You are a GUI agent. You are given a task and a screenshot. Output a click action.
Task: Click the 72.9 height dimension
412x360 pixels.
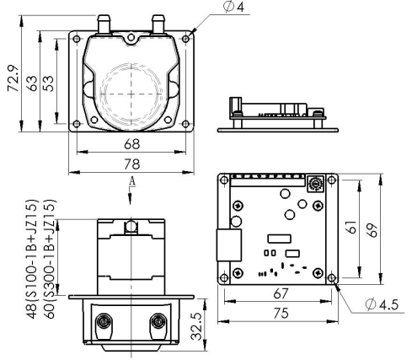13,78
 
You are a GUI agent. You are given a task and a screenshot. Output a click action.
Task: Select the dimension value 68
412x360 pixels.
131,144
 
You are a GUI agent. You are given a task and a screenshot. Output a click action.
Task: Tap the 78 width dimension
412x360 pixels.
131,164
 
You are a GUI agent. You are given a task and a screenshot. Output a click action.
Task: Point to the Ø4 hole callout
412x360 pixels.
233,7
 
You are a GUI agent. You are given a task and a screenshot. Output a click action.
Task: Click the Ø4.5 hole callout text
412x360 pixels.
382,304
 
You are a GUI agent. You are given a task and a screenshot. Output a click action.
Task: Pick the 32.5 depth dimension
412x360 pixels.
196,326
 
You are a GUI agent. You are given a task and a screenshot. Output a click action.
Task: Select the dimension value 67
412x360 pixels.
281,293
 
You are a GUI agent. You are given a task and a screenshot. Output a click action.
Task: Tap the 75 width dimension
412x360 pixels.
281,313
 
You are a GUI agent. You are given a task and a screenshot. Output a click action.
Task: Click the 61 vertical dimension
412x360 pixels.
351,227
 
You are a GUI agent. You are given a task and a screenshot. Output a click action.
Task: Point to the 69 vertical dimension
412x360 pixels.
372,230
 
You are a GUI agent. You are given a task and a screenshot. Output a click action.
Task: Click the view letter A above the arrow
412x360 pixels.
132,181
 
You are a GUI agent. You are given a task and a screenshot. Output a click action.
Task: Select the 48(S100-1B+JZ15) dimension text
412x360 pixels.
31,259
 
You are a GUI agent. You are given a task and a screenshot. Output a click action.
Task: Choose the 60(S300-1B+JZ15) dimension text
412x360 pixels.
50,259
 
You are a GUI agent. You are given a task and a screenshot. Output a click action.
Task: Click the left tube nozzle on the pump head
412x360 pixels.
104,24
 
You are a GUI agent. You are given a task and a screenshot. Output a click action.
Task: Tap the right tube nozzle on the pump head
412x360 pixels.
158,24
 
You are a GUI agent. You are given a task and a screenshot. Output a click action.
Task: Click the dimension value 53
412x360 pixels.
49,83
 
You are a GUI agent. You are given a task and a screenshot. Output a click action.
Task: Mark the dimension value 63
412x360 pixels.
32,83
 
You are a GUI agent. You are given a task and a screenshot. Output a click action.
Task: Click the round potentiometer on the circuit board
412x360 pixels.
315,184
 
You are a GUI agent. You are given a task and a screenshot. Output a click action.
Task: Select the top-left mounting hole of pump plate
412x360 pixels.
77,39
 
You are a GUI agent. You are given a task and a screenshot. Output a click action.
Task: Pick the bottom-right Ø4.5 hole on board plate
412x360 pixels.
332,278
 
